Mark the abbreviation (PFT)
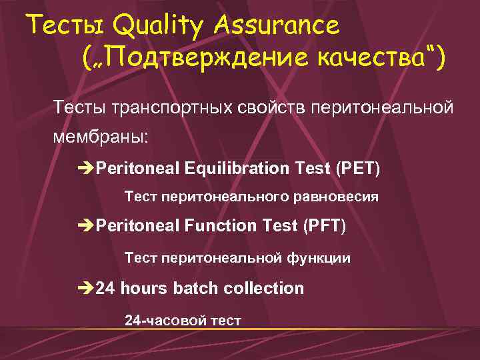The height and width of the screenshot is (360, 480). pos(324,226)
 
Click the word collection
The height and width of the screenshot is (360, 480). pos(264,288)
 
